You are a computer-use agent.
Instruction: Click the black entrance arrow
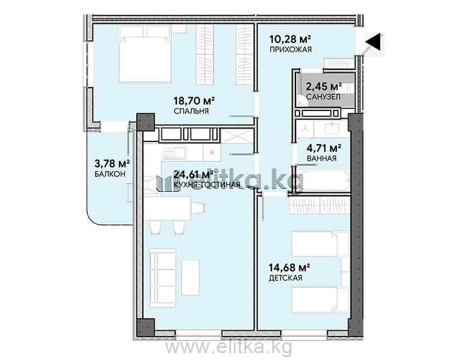[374, 41]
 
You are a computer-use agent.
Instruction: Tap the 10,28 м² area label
[290, 38]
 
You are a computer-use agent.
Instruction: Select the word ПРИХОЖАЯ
[290, 49]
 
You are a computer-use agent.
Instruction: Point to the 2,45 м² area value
[324, 86]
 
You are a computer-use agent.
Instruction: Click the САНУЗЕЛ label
[323, 97]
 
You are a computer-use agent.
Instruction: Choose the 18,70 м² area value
[194, 101]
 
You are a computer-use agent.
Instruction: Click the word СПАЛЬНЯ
[191, 111]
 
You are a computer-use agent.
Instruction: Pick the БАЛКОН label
[110, 174]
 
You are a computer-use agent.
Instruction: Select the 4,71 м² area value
[324, 148]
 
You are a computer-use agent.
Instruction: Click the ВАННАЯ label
[321, 159]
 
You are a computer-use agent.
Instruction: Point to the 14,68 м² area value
[290, 267]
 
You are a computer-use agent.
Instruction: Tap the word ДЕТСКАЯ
[285, 278]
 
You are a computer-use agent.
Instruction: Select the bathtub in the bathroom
[323, 181]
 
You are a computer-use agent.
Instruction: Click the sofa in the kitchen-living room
[163, 278]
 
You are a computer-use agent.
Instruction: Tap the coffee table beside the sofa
[191, 278]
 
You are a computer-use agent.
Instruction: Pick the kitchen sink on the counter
[174, 153]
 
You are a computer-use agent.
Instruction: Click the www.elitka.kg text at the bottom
[228, 348]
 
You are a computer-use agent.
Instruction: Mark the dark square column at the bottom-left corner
[145, 327]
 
